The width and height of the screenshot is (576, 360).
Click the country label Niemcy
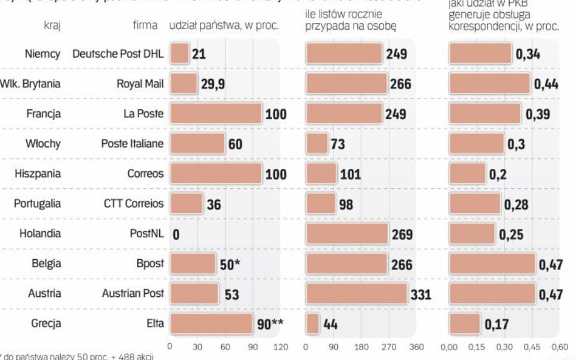click(x=43, y=54)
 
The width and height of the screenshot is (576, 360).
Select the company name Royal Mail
click(x=140, y=84)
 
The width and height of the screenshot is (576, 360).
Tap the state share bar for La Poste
click(x=216, y=114)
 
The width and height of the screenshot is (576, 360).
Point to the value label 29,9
click(x=213, y=84)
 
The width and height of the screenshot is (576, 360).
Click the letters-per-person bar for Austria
click(x=356, y=294)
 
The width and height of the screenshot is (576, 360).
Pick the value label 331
click(x=420, y=294)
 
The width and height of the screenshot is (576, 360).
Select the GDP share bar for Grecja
click(x=465, y=324)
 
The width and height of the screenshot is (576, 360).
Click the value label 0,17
click(x=496, y=325)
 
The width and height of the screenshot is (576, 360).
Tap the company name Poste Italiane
click(x=132, y=143)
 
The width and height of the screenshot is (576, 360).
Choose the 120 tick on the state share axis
click(x=280, y=347)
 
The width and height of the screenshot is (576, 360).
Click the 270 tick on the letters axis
click(x=389, y=347)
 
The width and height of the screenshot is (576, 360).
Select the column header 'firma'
click(x=145, y=25)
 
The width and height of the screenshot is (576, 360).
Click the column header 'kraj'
click(x=51, y=25)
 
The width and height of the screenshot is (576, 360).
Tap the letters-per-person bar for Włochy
click(x=317, y=144)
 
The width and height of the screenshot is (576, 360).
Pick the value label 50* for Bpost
click(x=231, y=264)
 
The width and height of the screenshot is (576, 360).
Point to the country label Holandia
click(x=40, y=233)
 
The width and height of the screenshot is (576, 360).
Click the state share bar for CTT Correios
click(x=187, y=203)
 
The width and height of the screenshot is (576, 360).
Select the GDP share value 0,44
click(x=546, y=84)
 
